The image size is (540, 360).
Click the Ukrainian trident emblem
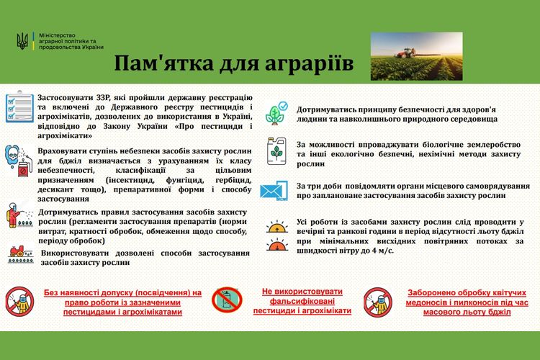pos(22,41)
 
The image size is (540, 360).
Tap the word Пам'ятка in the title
pos(163,63)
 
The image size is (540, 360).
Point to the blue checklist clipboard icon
pos(19,107)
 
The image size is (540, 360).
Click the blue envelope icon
pos(274,190)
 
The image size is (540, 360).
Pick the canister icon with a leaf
pos(276,151)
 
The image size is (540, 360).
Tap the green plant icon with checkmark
pos(276,113)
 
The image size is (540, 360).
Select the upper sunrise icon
pos(277,226)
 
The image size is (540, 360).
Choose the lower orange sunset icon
pos(277,245)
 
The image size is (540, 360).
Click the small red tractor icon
pos(21,255)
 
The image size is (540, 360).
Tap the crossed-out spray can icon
pos(227,300)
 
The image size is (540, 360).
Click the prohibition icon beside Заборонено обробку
pos(378,302)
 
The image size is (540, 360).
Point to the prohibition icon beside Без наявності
pos(19,302)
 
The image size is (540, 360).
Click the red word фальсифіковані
pos(302,301)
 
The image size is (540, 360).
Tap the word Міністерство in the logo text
pos(57,35)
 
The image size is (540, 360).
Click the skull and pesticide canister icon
pos(19,160)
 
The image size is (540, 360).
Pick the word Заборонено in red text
pos(428,293)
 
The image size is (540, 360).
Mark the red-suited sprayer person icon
pos(19,215)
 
